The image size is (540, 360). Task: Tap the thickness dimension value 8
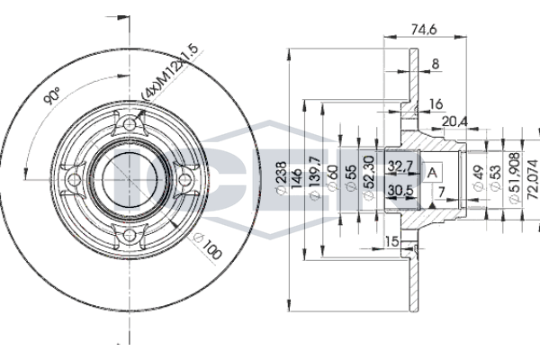coord(436,64)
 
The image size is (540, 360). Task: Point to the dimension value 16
coord(436,105)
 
